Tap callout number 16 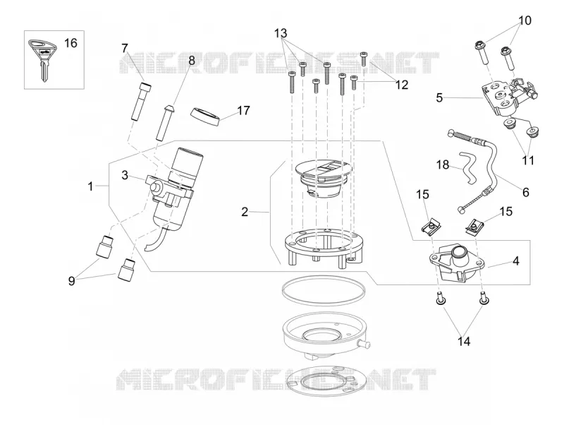pos(70,43)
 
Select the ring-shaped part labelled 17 pos(204,116)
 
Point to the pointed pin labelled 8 pos(165,122)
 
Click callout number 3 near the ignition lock pos(125,175)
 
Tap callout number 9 pos(72,281)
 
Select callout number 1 pos(91,186)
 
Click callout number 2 pos(245,212)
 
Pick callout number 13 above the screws pos(281,33)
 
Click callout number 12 pos(402,85)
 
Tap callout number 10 pos(525,20)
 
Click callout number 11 pos(528,160)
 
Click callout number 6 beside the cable pos(525,192)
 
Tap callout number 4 pos(516,261)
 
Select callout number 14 pos(464,342)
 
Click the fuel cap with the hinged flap pos(323,179)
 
